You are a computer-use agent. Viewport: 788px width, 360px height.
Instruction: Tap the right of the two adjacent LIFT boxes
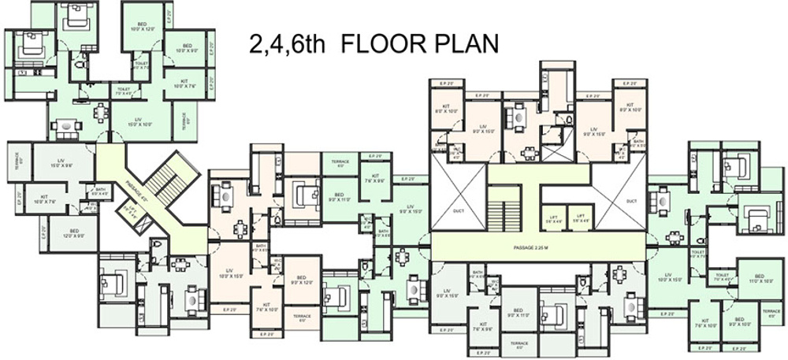click(580, 218)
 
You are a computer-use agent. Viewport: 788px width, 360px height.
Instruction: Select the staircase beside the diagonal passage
click(167, 179)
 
